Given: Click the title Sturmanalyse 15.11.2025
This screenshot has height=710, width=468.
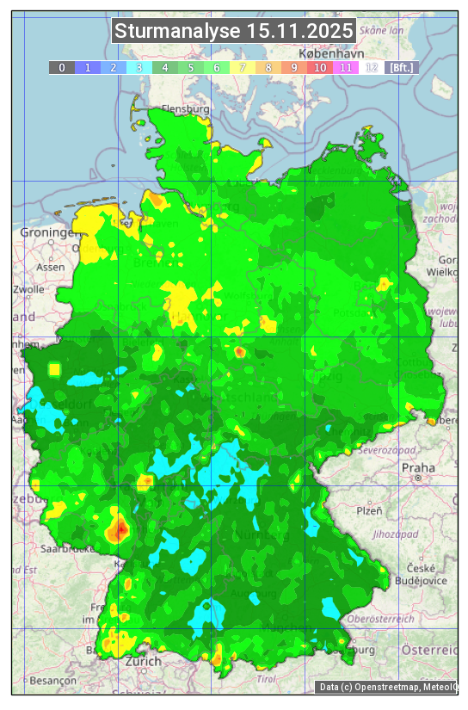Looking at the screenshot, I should pyautogui.click(x=233, y=31).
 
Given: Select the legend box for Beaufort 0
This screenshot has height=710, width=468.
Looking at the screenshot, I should pyautogui.click(x=61, y=67).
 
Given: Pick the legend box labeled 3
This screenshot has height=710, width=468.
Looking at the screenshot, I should pyautogui.click(x=139, y=67).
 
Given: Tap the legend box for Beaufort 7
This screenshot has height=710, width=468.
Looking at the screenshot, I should pyautogui.click(x=243, y=67).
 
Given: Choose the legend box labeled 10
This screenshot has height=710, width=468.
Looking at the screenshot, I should pyautogui.click(x=320, y=67).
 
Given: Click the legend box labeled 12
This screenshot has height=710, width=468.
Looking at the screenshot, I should pyautogui.click(x=372, y=67).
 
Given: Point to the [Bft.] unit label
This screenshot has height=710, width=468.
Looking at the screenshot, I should pyautogui.click(x=401, y=67).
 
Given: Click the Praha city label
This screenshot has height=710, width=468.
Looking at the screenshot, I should pyautogui.click(x=417, y=467).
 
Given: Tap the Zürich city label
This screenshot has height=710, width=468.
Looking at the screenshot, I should pyautogui.click(x=143, y=661).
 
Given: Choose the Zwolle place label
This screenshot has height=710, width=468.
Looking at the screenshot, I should pyautogui.click(x=28, y=289).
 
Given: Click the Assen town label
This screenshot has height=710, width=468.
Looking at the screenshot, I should pyautogui.click(x=51, y=267).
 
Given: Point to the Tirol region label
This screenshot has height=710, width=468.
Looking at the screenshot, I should pyautogui.click(x=266, y=679).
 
